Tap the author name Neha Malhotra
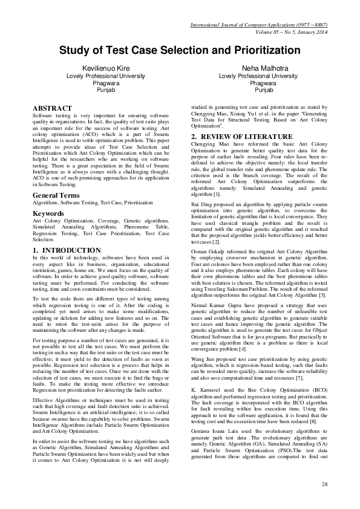[x=258, y=70]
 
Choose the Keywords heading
[x=51, y=213]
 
